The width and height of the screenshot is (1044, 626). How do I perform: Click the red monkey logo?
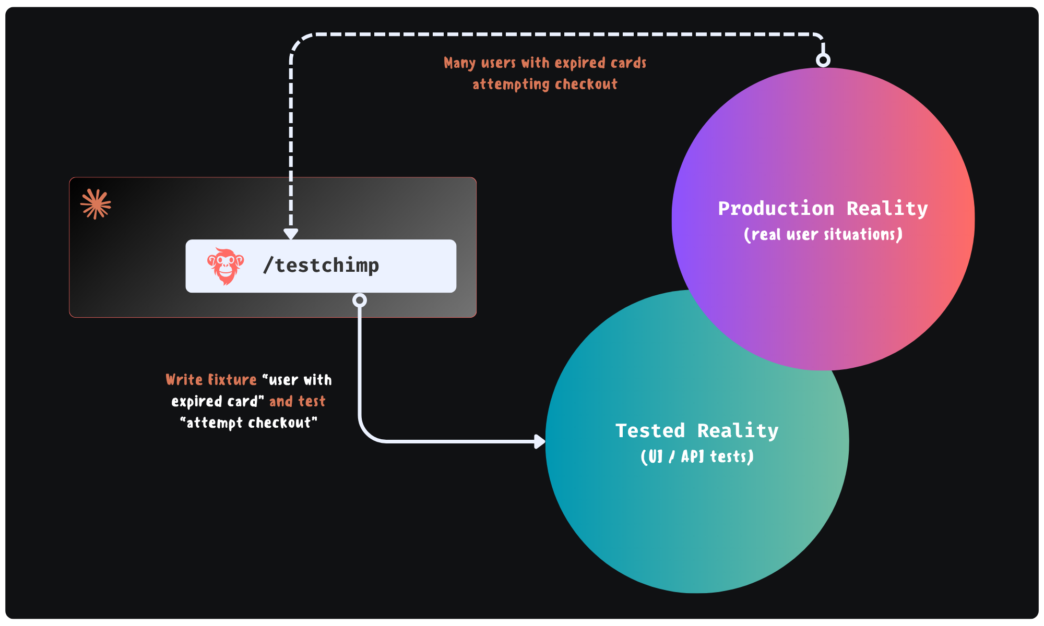tap(226, 266)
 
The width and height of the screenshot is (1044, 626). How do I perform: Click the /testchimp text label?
tap(321, 266)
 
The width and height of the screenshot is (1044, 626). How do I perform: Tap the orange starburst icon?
tap(96, 204)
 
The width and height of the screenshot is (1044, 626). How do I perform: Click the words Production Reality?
tap(823, 208)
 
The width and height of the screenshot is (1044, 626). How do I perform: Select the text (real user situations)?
tap(823, 234)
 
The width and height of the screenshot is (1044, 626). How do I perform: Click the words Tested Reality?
tap(697, 431)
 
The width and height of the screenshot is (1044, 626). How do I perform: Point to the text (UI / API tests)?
tap(697, 456)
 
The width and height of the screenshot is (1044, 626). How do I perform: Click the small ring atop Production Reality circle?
tap(823, 60)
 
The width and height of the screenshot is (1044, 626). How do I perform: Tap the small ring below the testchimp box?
tap(360, 300)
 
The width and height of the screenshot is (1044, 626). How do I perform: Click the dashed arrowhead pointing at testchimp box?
tap(291, 234)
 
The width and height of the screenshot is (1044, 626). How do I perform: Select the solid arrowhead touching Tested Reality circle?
tap(540, 441)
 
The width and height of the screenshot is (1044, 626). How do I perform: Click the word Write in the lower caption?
tap(184, 380)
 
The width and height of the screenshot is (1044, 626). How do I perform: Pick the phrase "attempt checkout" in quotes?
tap(248, 423)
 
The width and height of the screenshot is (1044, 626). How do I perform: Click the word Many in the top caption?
tap(459, 63)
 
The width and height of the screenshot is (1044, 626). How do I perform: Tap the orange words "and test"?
tap(297, 401)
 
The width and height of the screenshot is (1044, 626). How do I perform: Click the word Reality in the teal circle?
tap(738, 431)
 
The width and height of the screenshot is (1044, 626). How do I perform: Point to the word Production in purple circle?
tap(776, 208)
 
